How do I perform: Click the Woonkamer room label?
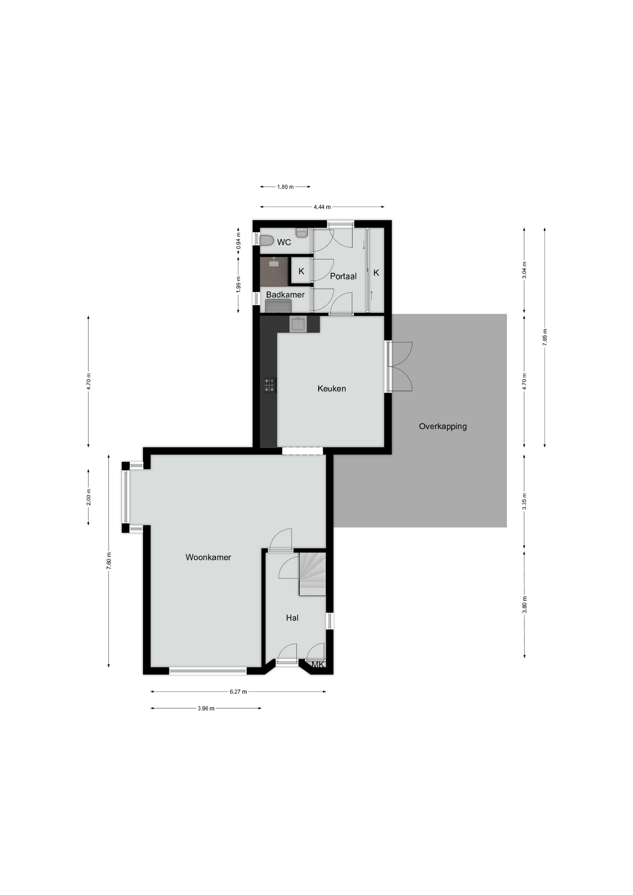[x=208, y=557]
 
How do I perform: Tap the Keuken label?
[x=331, y=388]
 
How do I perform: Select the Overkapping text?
[x=443, y=426]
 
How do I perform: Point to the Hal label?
[x=292, y=618]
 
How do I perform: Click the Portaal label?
[x=343, y=276]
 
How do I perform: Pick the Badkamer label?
[x=285, y=295]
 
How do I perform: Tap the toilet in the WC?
[x=267, y=241]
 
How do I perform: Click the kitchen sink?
[x=298, y=324]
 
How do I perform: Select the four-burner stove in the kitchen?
[x=269, y=386]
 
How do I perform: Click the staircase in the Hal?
[x=312, y=574]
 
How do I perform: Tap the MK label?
[x=318, y=665]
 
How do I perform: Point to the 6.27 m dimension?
[x=238, y=692]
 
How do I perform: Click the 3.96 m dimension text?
[x=206, y=709]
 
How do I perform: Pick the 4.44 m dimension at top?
[x=322, y=207]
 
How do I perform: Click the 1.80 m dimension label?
[x=285, y=187]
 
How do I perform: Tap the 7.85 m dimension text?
[x=545, y=337]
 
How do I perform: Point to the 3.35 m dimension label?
[x=524, y=501]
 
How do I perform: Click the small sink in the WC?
[x=302, y=233]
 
